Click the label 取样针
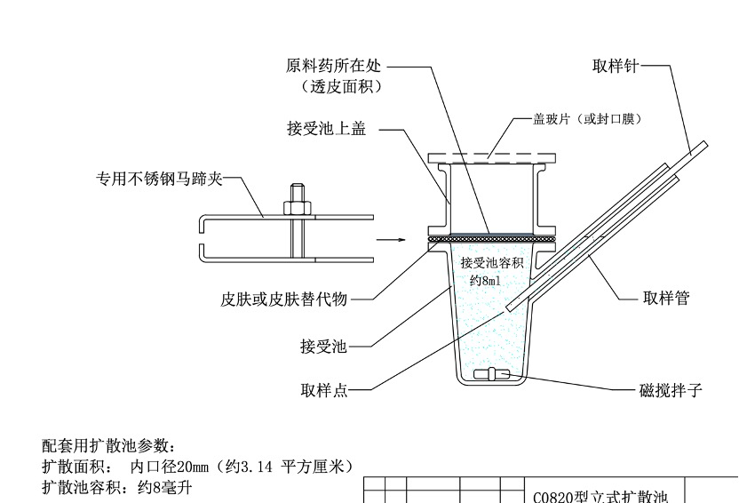click(616, 65)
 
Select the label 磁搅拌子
click(671, 389)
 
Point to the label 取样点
click(323, 389)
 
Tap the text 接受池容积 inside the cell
click(491, 263)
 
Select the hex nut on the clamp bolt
click(296, 208)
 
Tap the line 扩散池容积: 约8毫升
click(117, 488)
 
